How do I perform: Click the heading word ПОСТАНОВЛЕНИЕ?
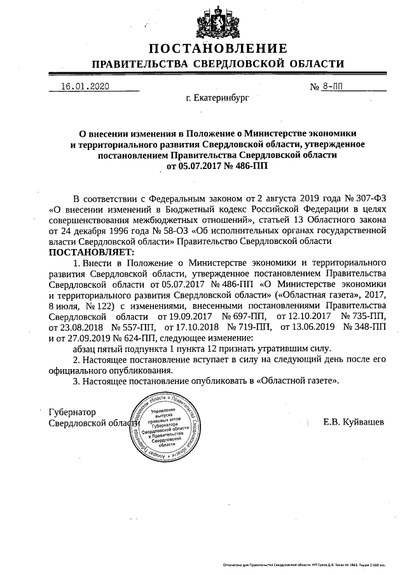click(x=218, y=48)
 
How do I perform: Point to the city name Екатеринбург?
click(x=217, y=99)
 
